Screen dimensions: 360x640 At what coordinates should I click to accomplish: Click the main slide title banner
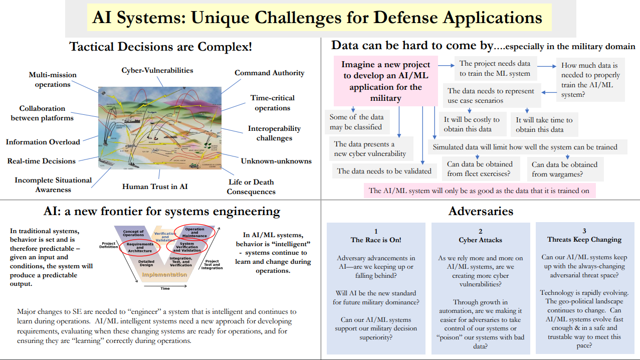pos(317,18)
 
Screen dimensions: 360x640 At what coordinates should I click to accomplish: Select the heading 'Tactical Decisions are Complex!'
pos(160,47)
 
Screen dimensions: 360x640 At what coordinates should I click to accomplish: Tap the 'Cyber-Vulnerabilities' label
pos(157,71)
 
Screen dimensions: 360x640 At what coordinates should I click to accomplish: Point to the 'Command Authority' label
pos(269,73)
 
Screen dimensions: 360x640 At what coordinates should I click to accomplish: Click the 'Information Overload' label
pos(43,142)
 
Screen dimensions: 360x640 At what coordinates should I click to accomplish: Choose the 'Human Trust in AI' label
pos(155,187)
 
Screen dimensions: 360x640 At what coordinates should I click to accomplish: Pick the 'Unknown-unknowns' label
pos(276,161)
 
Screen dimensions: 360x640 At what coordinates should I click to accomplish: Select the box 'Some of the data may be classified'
pos(356,122)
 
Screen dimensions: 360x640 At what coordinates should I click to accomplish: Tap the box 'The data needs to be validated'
pos(384,171)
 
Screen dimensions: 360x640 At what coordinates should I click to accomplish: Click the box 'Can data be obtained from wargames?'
pos(564,169)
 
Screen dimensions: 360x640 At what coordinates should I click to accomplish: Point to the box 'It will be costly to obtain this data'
pos(472,124)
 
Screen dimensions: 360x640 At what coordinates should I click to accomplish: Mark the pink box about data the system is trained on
pos(479,191)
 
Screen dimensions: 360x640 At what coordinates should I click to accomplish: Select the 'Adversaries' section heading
pos(481,211)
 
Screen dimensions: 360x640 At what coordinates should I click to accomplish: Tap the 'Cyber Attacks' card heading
pos(480,240)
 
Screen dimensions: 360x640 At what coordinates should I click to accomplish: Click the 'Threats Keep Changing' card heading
pos(584,240)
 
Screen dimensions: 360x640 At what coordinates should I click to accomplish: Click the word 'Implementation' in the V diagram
pos(165,275)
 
